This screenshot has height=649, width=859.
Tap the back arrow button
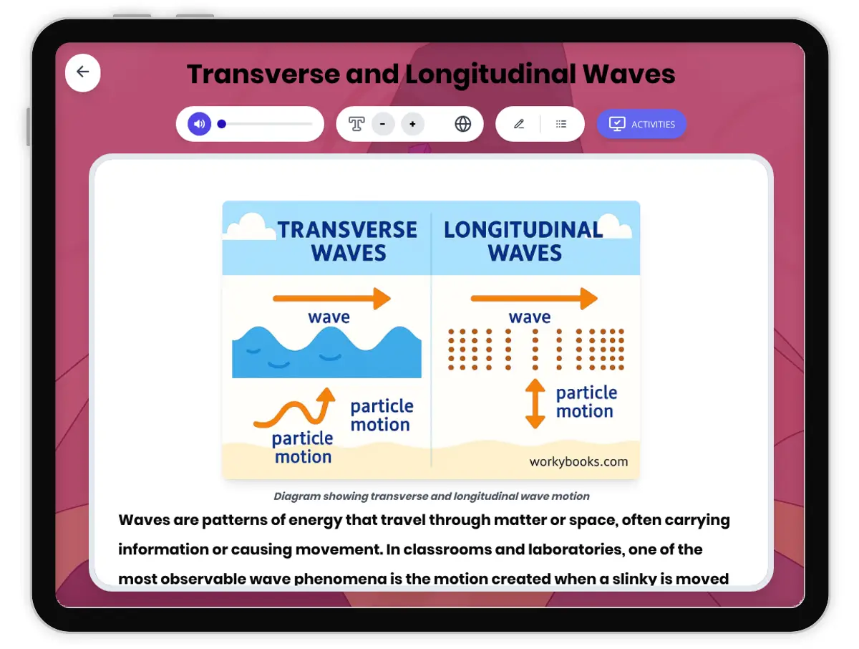83,72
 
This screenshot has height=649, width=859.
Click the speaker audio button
200,124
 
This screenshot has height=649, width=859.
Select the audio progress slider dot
222,124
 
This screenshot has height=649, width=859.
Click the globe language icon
463,124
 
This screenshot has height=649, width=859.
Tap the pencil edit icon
519,124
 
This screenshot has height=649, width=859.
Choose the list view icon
561,124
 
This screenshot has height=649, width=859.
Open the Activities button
641,124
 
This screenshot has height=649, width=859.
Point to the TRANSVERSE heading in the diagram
347,230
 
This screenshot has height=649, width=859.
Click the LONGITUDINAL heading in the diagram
523,230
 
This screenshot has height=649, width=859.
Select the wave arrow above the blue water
332,299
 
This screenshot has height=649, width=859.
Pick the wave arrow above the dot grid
534,299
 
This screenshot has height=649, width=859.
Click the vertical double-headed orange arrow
535,403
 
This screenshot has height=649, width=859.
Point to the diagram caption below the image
432,496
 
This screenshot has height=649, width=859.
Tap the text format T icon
356,124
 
